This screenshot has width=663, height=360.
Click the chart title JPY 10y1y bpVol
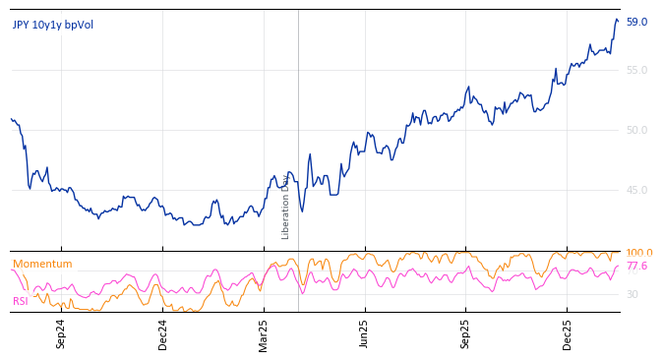click(53, 25)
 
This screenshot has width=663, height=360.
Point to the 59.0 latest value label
click(636, 22)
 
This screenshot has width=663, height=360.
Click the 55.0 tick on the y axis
click(636, 70)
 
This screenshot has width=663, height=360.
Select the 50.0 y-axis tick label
click(636, 130)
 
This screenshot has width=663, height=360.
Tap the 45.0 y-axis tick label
click(636, 190)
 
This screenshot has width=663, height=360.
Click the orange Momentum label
click(42, 264)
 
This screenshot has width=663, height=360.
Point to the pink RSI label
click(21, 301)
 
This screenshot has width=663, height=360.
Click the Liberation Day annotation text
click(286, 206)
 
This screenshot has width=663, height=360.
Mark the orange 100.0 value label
click(639, 253)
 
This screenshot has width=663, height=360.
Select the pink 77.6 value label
click(636, 266)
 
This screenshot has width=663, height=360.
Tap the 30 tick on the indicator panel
click(633, 294)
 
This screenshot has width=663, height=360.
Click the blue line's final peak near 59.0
click(617, 19)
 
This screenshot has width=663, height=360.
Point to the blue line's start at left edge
click(12, 119)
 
